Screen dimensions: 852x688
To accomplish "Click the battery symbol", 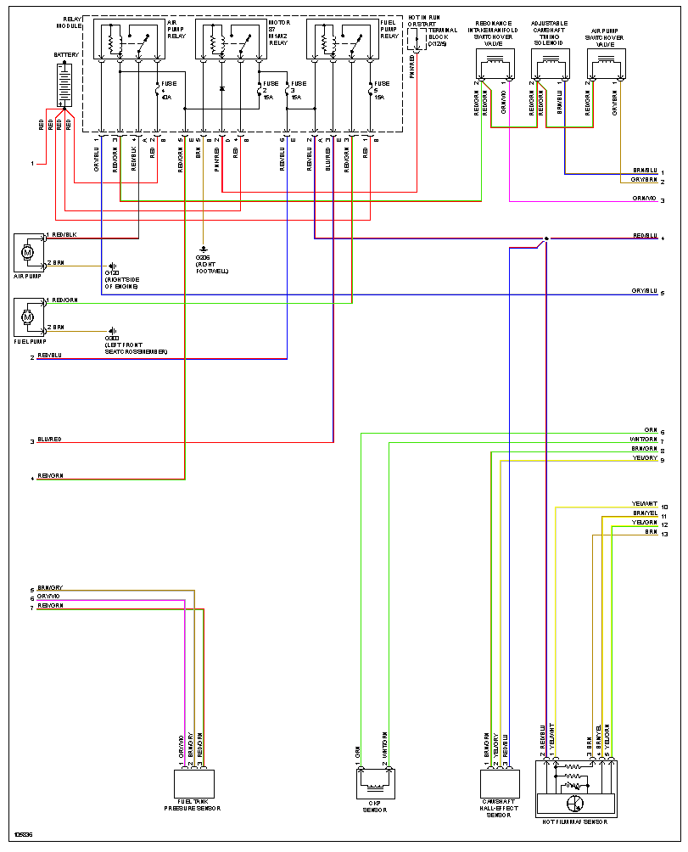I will click(63, 82).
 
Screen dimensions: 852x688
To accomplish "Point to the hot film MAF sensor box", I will click(576, 788).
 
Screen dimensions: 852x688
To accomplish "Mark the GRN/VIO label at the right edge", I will click(644, 199).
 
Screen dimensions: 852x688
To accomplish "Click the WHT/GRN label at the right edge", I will click(644, 440).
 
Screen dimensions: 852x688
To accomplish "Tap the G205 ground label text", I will click(203, 257).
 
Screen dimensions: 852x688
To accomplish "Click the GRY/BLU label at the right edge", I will click(644, 291).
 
